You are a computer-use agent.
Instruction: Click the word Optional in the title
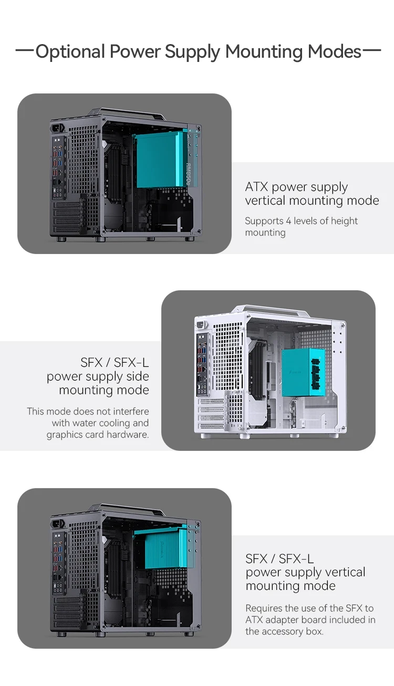[x=70, y=51]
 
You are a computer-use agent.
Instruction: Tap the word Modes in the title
[x=335, y=51]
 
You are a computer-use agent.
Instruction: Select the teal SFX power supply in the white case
[x=303, y=373]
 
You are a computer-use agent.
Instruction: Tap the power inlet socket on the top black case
[x=57, y=128]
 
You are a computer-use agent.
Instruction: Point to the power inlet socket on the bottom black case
[x=57, y=524]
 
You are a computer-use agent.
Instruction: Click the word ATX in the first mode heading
[x=256, y=186]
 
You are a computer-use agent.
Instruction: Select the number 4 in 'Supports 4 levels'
[x=288, y=221]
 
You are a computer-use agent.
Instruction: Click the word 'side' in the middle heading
[x=137, y=376]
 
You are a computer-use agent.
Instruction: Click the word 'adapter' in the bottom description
[x=283, y=620]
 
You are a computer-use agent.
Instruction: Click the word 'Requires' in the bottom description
[x=264, y=608]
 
